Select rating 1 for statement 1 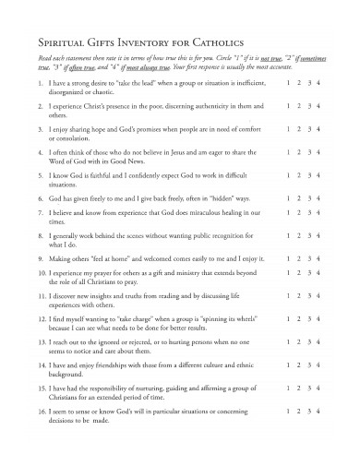289,82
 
